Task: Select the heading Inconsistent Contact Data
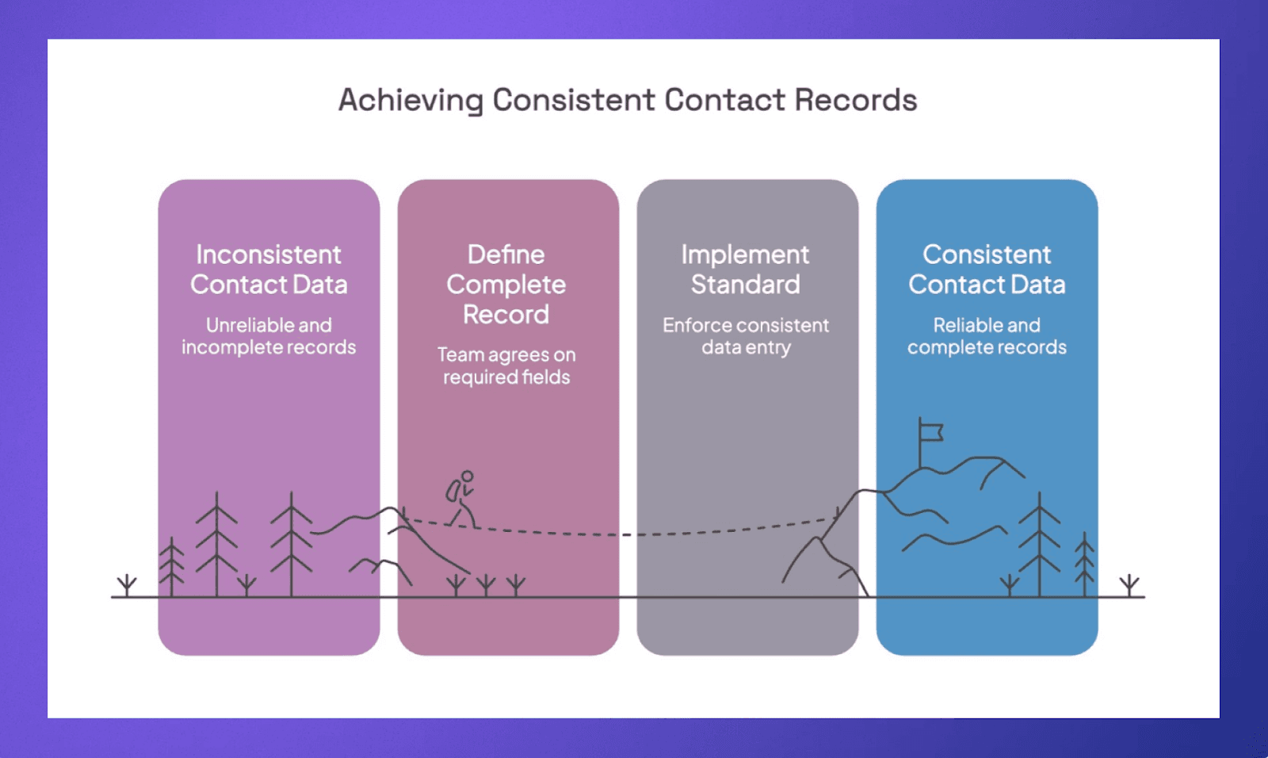[269, 270]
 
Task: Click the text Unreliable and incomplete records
[269, 336]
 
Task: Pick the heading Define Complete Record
[506, 284]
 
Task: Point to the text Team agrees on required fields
[506, 366]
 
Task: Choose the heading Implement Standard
[746, 270]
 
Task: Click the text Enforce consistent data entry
[746, 336]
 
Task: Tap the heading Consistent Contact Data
[987, 270]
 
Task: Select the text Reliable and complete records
[987, 336]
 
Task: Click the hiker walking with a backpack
[461, 500]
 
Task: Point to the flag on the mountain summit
[930, 432]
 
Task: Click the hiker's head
[468, 477]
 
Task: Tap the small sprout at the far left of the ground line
[127, 586]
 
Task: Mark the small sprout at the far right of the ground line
[1129, 586]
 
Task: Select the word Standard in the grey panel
[746, 285]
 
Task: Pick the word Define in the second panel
[506, 255]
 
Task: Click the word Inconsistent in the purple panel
[269, 255]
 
